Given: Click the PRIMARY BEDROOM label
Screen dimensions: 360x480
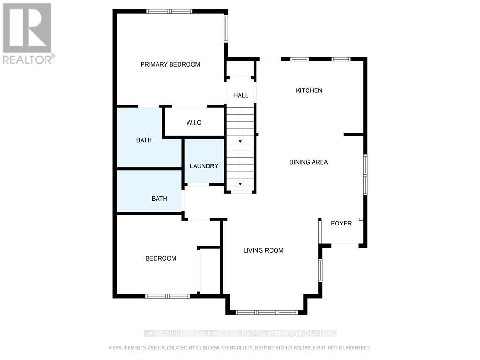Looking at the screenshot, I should (x=170, y=64).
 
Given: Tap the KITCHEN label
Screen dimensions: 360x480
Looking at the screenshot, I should (x=309, y=90).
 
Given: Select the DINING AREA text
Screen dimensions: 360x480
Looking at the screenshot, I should (x=308, y=162).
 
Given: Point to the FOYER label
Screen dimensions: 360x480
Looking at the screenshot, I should (x=341, y=223).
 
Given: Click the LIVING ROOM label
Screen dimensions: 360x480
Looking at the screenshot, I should (x=263, y=250).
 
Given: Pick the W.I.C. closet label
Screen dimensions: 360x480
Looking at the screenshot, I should (x=194, y=123).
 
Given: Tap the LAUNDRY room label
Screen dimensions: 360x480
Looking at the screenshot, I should (x=204, y=166).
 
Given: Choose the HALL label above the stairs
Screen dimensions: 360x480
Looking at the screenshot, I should (x=240, y=95).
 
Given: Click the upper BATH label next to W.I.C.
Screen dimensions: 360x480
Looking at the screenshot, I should (x=144, y=140).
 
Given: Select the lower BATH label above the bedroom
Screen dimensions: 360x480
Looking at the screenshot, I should (x=159, y=198).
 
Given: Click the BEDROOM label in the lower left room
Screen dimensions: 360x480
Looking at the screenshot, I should (x=161, y=258).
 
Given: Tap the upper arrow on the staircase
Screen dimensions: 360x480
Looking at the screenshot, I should (x=240, y=141).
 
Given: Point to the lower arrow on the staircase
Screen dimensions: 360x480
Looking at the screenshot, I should (x=240, y=184).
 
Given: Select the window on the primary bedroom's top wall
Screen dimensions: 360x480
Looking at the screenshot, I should (x=169, y=11).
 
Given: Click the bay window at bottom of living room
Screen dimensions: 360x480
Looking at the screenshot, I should (x=267, y=312).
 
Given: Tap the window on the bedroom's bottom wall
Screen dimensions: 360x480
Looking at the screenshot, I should (x=167, y=296).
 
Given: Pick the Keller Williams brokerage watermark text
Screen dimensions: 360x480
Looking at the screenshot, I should (x=240, y=333).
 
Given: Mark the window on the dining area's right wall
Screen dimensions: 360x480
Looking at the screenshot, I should (x=366, y=174).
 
